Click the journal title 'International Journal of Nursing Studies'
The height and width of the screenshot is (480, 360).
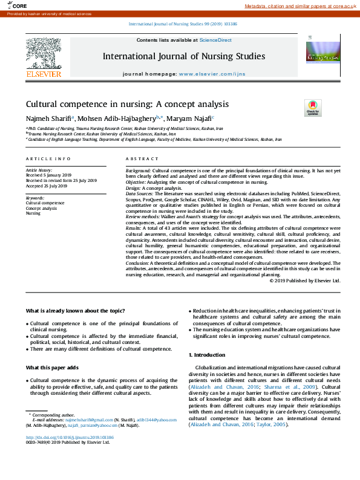pos(183,56)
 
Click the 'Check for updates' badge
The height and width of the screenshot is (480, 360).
pos(313,108)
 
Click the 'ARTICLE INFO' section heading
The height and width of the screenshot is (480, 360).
pos(48,158)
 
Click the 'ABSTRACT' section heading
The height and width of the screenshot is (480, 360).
pos(142,158)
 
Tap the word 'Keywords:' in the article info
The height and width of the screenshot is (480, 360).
pos(34,198)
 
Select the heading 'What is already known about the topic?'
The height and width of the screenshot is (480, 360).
pos(75,311)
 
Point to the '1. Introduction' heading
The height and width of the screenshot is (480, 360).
pos(208,354)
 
